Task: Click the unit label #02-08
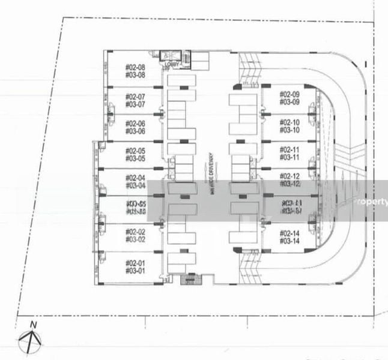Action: click(x=135, y=68)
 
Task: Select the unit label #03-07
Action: click(x=135, y=104)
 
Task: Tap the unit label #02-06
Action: click(x=135, y=124)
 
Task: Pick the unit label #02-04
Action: click(x=135, y=178)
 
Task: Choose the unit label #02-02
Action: click(x=135, y=232)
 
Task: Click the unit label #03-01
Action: click(x=135, y=271)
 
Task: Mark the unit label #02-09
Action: click(x=289, y=95)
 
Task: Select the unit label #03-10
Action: click(x=289, y=130)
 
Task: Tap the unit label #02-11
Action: click(x=289, y=149)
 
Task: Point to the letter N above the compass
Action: click(x=34, y=325)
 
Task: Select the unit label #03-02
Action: click(x=135, y=239)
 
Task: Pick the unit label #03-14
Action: click(x=289, y=241)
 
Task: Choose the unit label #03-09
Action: click(x=289, y=102)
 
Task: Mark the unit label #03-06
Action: click(x=135, y=131)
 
